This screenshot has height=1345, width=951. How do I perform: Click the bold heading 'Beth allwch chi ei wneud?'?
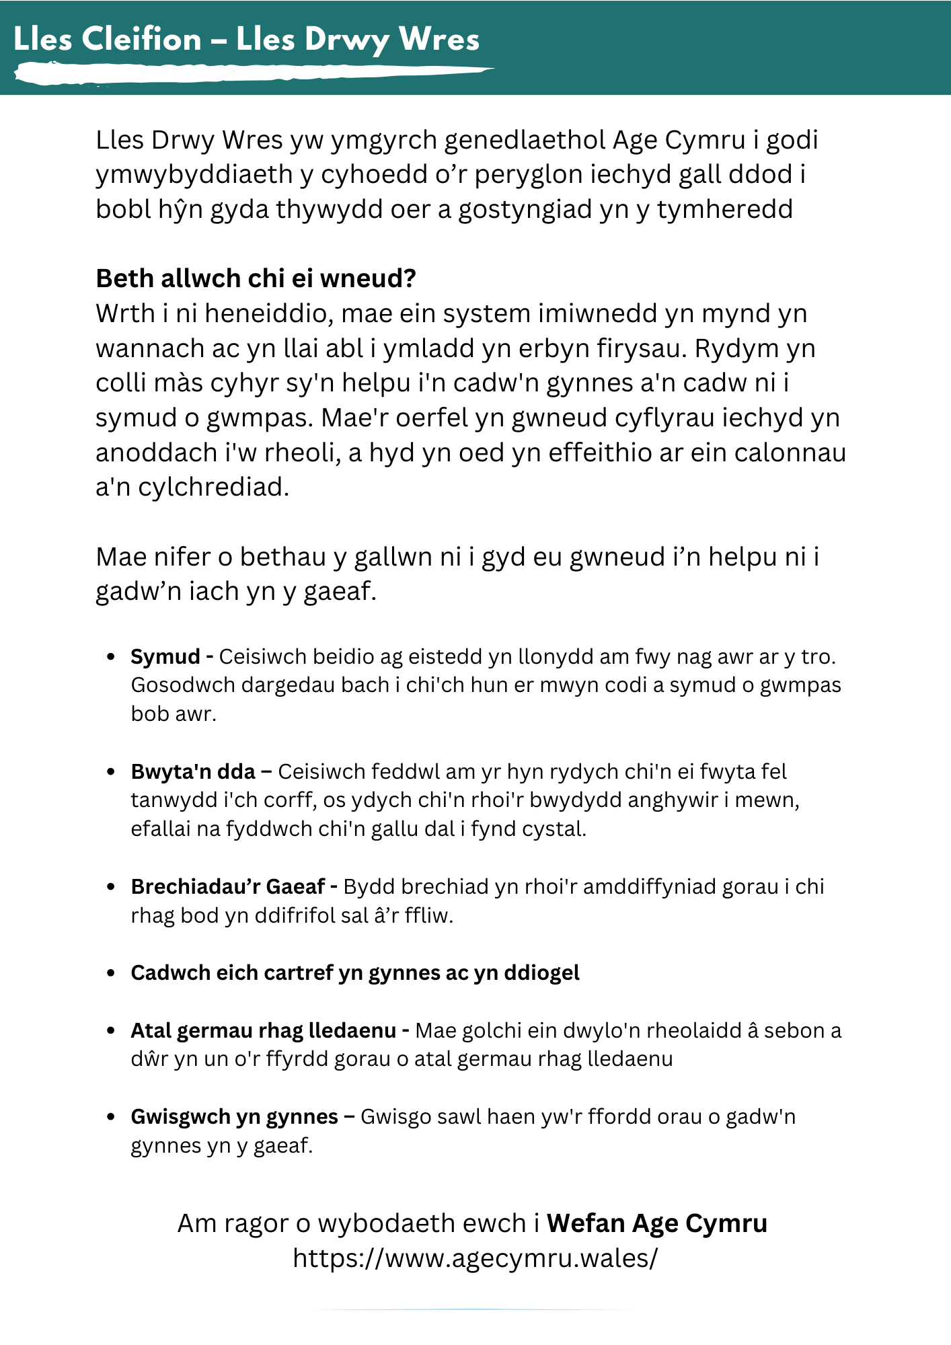coord(256,278)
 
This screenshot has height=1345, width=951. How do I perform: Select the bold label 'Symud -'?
coord(172,656)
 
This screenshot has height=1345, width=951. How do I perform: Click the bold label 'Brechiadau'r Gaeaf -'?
coord(234,886)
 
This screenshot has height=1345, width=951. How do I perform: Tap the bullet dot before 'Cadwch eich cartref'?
coord(112,973)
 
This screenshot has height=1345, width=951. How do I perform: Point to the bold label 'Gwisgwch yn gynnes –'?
coord(243,1116)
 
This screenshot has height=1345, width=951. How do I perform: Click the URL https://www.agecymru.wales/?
coord(475,1258)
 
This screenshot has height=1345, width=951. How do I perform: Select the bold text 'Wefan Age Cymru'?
coord(656,1223)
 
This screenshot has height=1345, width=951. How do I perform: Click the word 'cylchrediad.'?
coord(213,487)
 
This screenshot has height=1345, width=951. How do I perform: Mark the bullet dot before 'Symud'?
coord(112,656)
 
